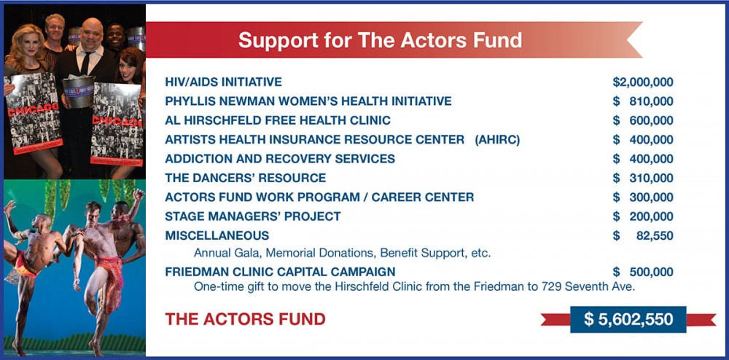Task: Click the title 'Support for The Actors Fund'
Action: coord(380,39)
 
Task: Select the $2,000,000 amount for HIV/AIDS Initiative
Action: coord(642,82)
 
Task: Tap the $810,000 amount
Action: coord(642,101)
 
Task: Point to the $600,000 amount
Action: coord(642,120)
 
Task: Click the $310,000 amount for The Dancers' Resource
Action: coord(642,178)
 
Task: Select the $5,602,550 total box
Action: coord(628,319)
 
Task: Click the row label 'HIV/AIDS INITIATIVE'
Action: coord(223,82)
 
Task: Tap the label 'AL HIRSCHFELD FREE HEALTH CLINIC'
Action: coord(278,120)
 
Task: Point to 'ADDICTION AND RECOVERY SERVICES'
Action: coord(280,159)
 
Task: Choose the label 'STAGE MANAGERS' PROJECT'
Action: coord(253,216)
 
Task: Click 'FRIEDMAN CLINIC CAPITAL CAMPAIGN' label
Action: coord(281,272)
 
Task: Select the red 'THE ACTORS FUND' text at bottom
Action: coord(245,319)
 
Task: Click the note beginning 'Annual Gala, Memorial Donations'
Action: coord(342,253)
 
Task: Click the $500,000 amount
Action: coord(642,272)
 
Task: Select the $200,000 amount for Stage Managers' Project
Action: coord(642,216)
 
